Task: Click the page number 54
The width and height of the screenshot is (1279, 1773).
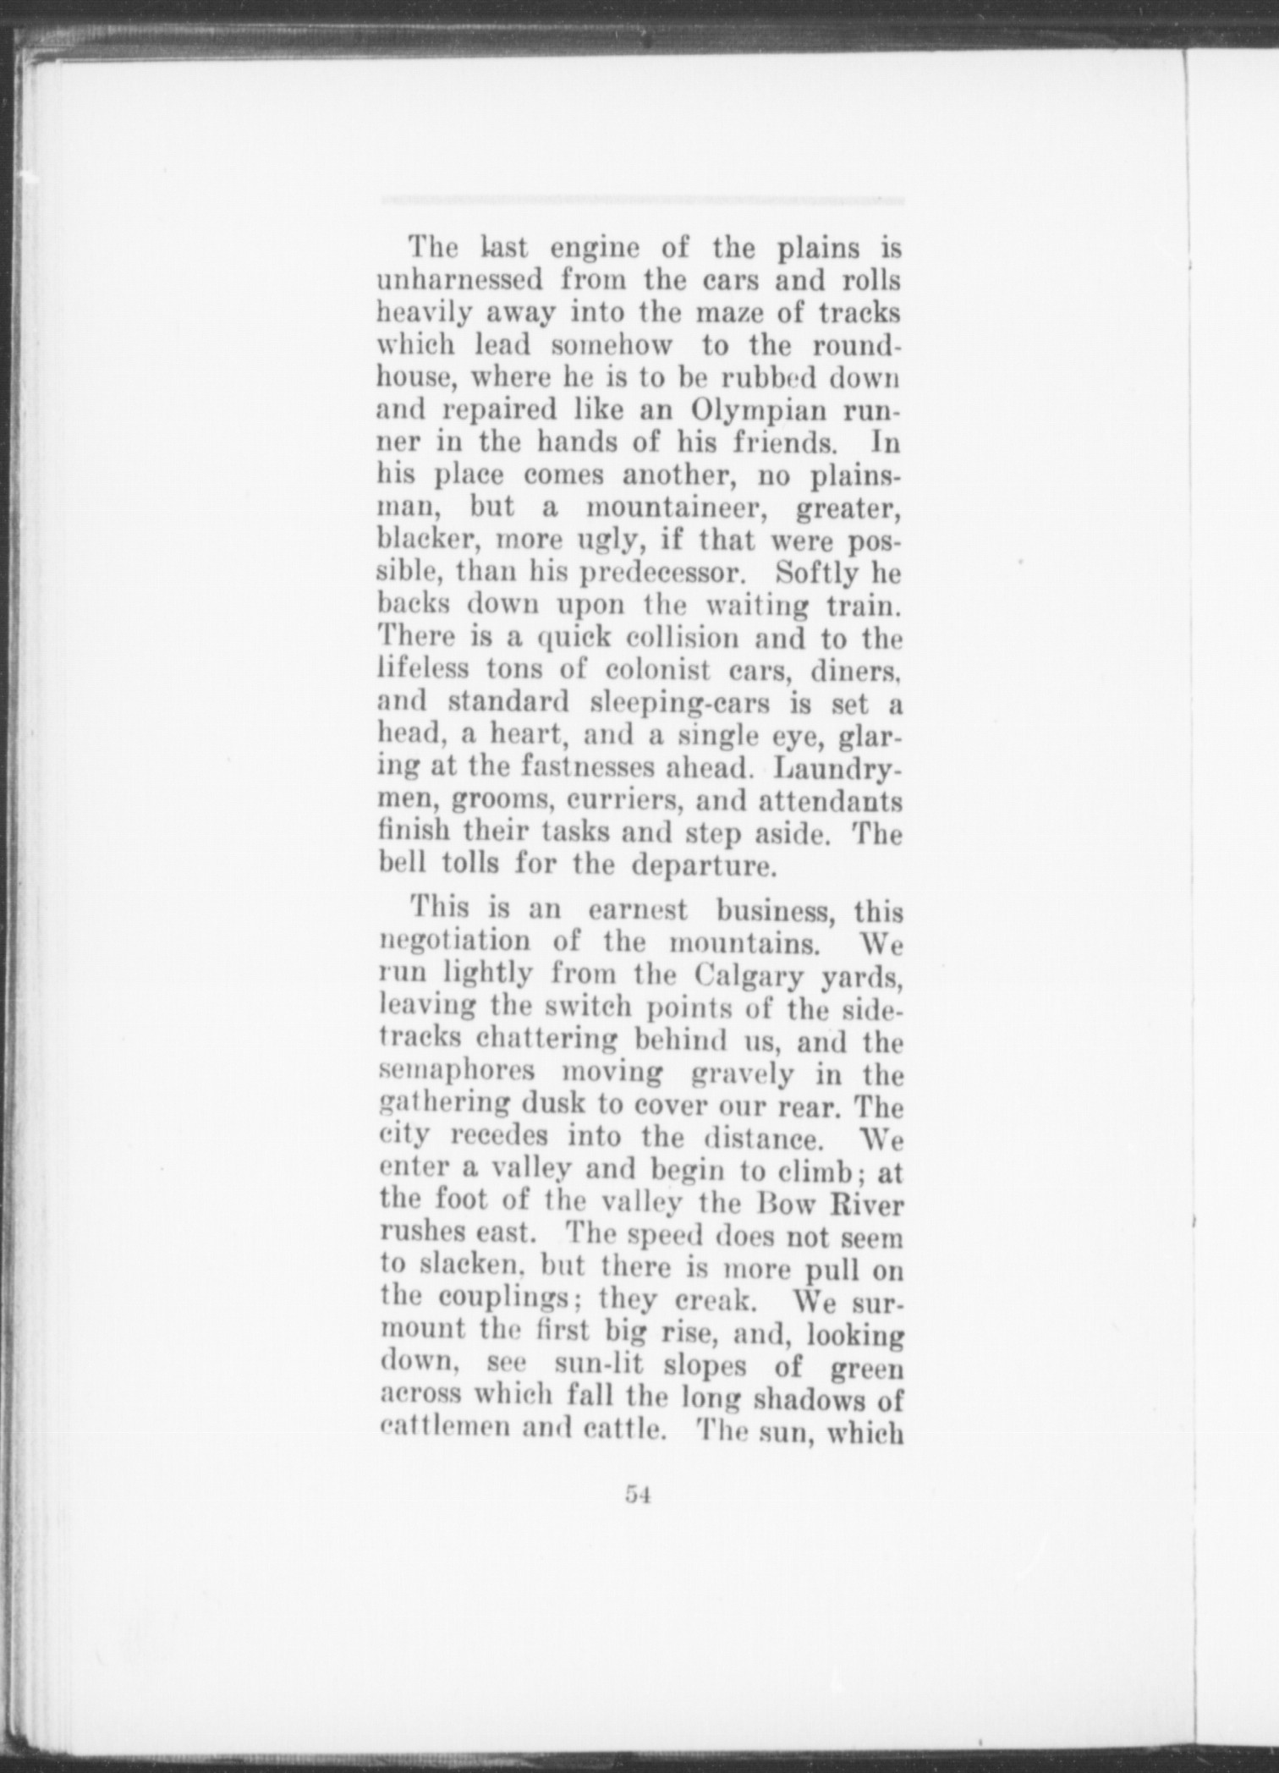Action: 637,1495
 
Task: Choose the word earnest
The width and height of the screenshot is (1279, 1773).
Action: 637,911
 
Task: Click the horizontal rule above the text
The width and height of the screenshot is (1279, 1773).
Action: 641,201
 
